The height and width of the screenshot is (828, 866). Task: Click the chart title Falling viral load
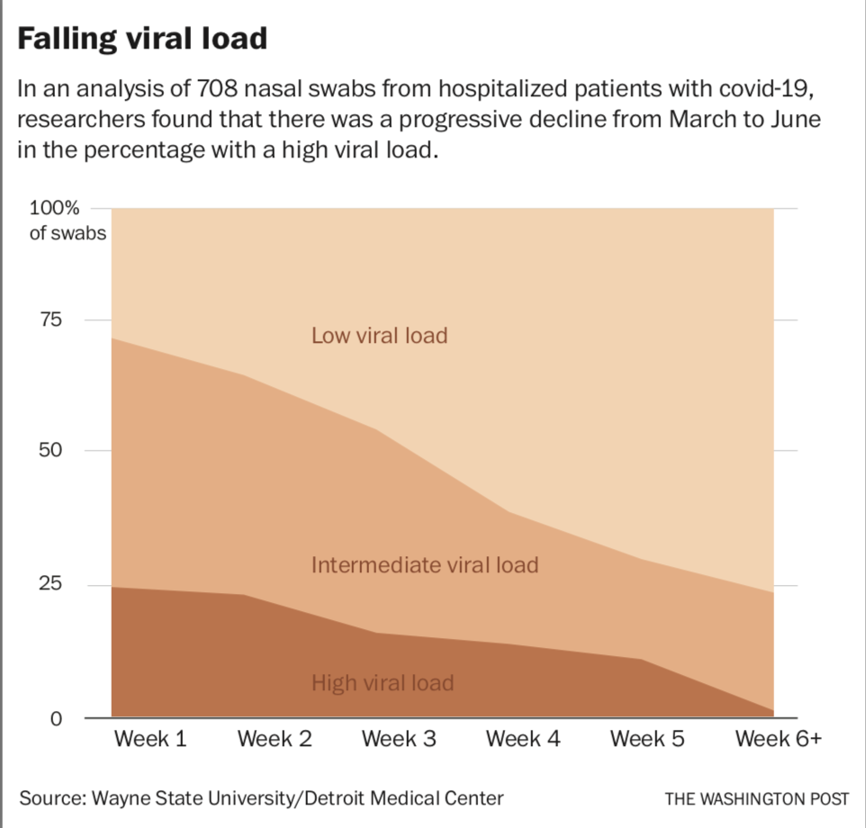142,39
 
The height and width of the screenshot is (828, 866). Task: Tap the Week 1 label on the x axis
150,739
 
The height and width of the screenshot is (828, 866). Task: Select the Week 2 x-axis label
275,739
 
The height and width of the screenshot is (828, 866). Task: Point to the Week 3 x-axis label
399,739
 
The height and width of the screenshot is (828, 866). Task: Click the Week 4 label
523,739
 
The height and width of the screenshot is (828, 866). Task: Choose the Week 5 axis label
647,739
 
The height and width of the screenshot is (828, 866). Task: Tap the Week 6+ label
778,739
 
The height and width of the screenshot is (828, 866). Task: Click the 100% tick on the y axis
55,209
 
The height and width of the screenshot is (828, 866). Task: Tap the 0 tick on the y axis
56,718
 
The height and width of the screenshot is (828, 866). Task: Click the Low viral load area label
379,336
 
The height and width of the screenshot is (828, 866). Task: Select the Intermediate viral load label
424,565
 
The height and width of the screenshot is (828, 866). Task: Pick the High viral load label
383,682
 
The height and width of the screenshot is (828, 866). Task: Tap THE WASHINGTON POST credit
757,798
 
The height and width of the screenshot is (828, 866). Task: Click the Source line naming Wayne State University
261,797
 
